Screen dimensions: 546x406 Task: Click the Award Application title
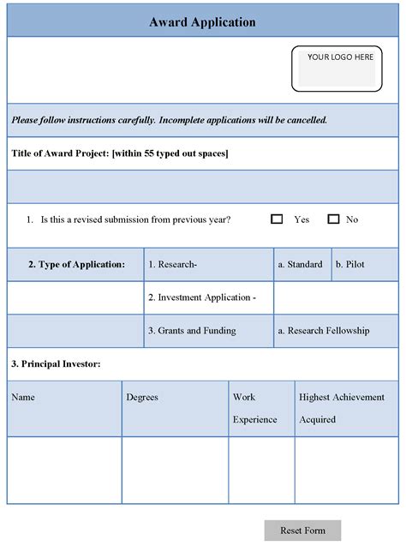tap(202, 22)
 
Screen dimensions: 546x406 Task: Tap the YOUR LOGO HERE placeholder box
tap(340, 68)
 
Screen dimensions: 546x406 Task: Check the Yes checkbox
tap(277, 219)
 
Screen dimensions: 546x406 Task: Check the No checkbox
tap(333, 219)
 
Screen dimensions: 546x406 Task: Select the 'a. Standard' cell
tap(300, 265)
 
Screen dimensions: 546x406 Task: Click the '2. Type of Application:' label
tap(76, 265)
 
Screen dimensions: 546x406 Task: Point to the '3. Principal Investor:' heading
tap(56, 364)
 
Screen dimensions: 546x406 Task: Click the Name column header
tap(23, 398)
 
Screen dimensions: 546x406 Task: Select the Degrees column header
tap(142, 398)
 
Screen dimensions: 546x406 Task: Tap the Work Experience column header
tap(254, 408)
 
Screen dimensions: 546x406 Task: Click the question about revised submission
tap(135, 219)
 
